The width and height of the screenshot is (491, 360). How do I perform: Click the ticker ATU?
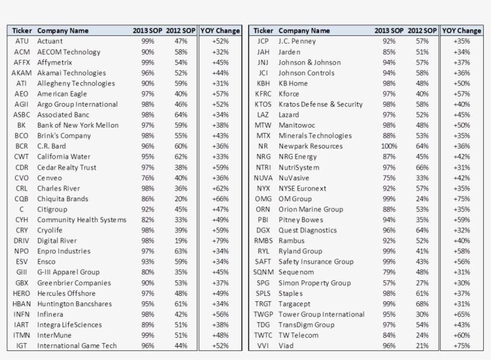(22, 41)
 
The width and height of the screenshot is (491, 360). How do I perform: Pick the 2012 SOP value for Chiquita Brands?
(181, 199)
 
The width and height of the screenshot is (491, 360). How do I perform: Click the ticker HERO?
(22, 293)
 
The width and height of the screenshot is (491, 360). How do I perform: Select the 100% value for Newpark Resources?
(389, 146)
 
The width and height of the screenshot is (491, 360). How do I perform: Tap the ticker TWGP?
(263, 314)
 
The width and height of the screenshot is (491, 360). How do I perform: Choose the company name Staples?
(291, 293)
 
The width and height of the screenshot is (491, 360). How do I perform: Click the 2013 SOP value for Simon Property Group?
(389, 283)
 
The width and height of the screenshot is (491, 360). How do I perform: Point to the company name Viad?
(287, 346)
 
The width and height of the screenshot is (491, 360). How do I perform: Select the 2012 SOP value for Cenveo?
(181, 178)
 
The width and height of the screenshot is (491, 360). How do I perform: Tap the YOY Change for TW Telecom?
(462, 335)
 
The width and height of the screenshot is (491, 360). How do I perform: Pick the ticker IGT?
(22, 346)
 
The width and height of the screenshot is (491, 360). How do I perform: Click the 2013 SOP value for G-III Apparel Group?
(148, 272)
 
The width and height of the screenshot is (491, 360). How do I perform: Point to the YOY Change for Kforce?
(462, 94)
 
